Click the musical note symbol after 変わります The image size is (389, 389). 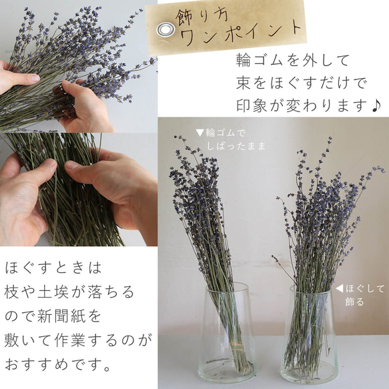tap(378, 105)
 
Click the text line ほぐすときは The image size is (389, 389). tap(53, 268)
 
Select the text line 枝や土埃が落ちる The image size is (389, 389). tap(69, 292)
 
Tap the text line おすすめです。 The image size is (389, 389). tap(58, 365)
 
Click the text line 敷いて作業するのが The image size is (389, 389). tap(77, 340)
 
